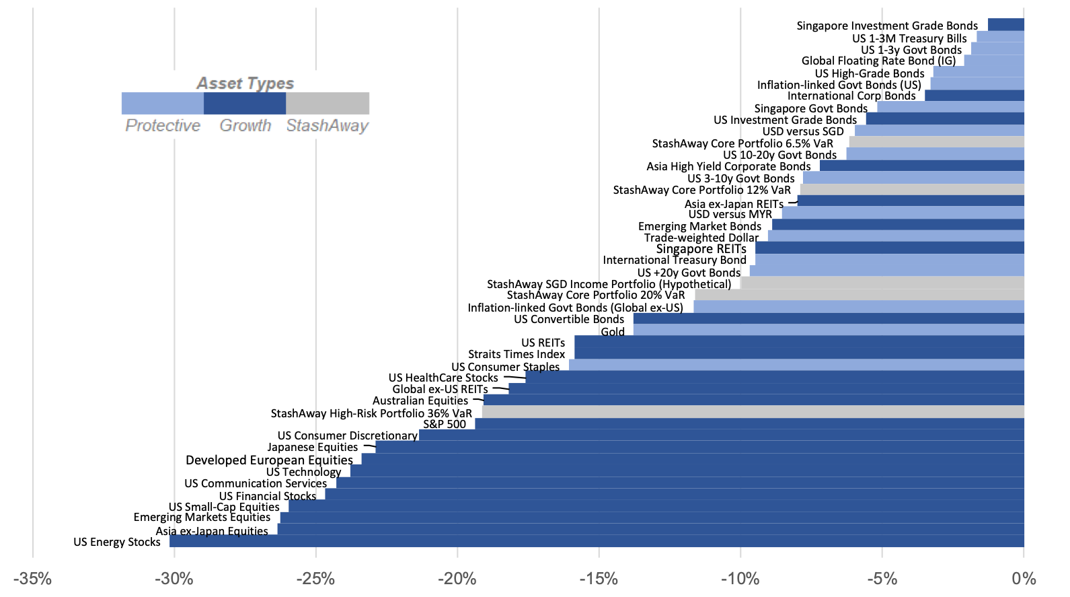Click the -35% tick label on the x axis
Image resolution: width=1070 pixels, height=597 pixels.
[32, 579]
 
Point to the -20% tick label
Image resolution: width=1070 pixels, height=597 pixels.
[457, 579]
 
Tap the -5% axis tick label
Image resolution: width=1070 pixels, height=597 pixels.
[882, 579]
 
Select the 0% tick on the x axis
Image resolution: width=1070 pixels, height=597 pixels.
[1024, 579]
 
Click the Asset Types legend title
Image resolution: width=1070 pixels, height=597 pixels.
[245, 83]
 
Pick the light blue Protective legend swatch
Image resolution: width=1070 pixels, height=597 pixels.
[163, 104]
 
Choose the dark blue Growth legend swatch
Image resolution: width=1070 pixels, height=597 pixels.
[245, 104]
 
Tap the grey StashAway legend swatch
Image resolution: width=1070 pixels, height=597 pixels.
[328, 104]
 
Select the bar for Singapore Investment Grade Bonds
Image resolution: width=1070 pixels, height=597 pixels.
[1006, 25]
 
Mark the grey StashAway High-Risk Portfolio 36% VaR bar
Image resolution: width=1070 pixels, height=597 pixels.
[753, 411]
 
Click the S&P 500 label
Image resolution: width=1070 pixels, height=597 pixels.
[445, 424]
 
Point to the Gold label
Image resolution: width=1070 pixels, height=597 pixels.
[613, 332]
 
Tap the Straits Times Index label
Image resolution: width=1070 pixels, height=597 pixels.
[517, 354]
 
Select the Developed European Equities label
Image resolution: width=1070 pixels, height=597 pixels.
[269, 460]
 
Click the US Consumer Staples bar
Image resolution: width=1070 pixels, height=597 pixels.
[797, 365]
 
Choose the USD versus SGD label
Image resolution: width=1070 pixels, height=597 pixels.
[803, 131]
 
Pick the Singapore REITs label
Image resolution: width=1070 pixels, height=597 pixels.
[701, 249]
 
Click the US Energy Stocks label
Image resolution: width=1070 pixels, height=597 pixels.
[117, 542]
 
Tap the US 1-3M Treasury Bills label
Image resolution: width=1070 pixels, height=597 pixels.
[909, 38]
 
